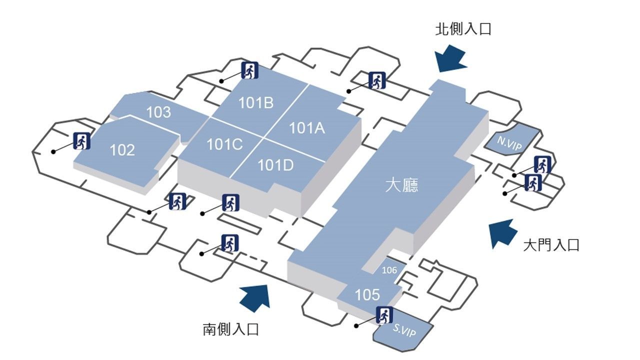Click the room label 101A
tap(307, 128)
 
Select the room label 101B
tap(255, 103)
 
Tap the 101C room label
tap(224, 144)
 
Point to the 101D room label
tap(275, 165)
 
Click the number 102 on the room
tap(122, 150)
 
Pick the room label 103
tap(158, 112)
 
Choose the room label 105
tap(367, 294)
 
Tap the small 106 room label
tap(389, 270)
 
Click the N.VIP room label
tap(509, 143)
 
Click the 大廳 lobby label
tap(401, 185)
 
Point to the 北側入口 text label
tap(463, 29)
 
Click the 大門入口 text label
tap(551, 245)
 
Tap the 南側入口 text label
tap(231, 329)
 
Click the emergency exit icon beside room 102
tap(82, 141)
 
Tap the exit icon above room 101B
tap(250, 70)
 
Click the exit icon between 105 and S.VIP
tap(384, 315)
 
